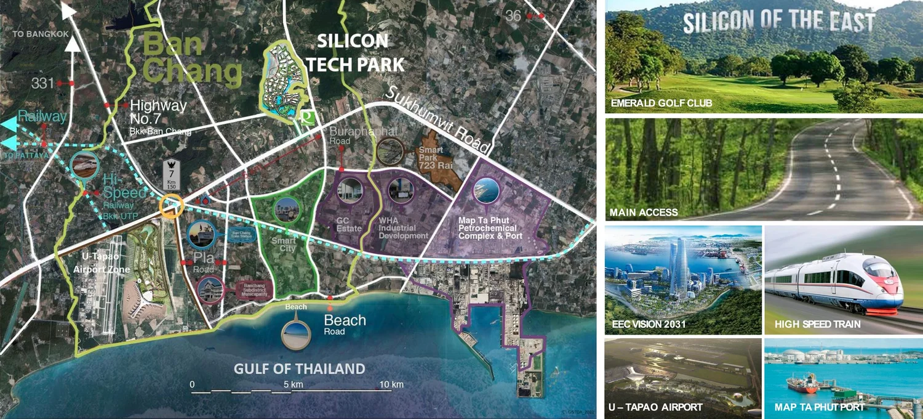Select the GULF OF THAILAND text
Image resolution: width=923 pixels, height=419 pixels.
[x=299, y=369]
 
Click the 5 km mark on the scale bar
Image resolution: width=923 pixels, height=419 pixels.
[x=293, y=384]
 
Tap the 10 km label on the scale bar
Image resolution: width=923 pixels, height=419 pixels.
[x=391, y=384]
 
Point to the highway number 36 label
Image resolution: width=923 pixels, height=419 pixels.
[x=513, y=16]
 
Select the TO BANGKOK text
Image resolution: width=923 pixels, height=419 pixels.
[x=41, y=34]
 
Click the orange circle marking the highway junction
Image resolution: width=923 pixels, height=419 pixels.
[x=171, y=206]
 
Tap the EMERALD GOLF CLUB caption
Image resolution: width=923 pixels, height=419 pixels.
[x=661, y=103]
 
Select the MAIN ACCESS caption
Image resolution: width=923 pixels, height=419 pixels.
[x=644, y=213]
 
